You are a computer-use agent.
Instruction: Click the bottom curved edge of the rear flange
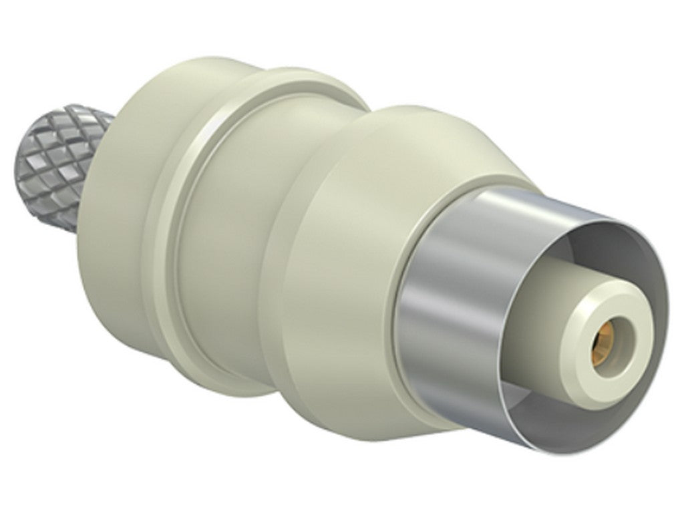[160, 347]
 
